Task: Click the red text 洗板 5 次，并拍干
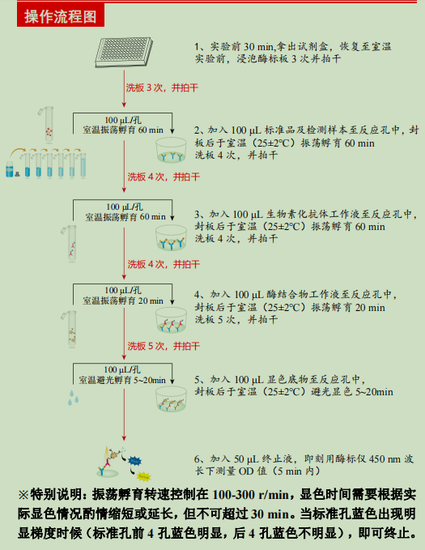163,346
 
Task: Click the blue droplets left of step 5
75,396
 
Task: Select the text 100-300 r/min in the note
251,494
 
